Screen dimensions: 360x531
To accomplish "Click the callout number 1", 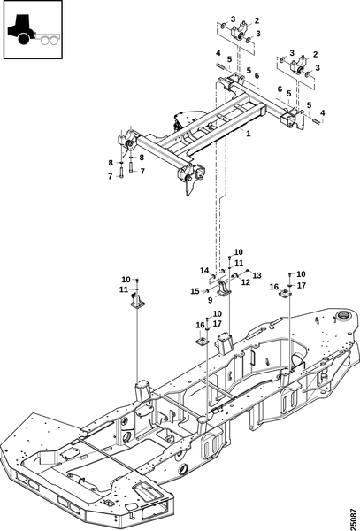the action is (x=249, y=134).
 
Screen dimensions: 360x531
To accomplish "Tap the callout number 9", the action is (x=211, y=300).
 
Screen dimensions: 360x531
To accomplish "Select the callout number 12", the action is (x=246, y=281).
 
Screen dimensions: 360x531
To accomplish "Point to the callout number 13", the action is (x=257, y=275).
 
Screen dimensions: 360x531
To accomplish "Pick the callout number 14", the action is (x=204, y=270).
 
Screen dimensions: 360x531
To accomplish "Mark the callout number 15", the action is (x=195, y=291).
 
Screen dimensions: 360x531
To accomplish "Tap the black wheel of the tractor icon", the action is (x=24, y=39).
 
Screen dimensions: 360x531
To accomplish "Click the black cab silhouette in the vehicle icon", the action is (x=21, y=27).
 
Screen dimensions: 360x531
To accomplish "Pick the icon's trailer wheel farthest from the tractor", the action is (x=53, y=41).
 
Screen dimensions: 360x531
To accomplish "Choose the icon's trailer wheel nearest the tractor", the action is (x=45, y=41).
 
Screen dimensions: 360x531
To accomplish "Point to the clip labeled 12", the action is (x=235, y=276).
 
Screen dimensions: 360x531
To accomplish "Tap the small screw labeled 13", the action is (x=248, y=271).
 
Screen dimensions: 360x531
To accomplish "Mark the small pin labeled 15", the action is (x=206, y=290).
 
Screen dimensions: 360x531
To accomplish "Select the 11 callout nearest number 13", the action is (x=239, y=263).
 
